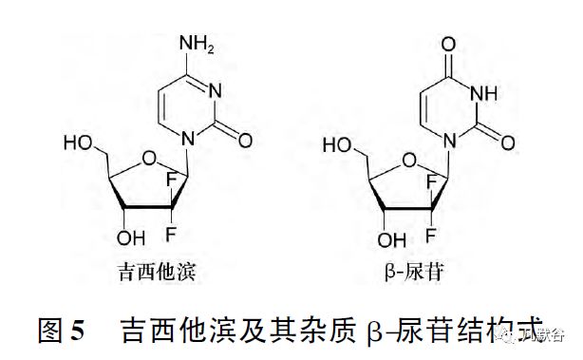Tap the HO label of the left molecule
[78, 143]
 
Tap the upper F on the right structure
[432, 180]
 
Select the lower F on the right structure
[433, 227]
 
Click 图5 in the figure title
[62, 331]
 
